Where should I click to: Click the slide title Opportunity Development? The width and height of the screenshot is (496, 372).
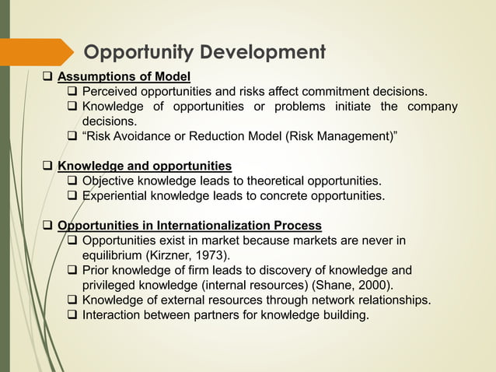tap(204, 53)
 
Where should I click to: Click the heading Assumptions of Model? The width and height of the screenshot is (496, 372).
tap(124, 76)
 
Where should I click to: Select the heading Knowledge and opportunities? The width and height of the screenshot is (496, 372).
tap(145, 166)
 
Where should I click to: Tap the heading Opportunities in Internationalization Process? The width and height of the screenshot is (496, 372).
tap(190, 226)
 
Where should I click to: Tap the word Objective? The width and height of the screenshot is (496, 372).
tap(110, 181)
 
